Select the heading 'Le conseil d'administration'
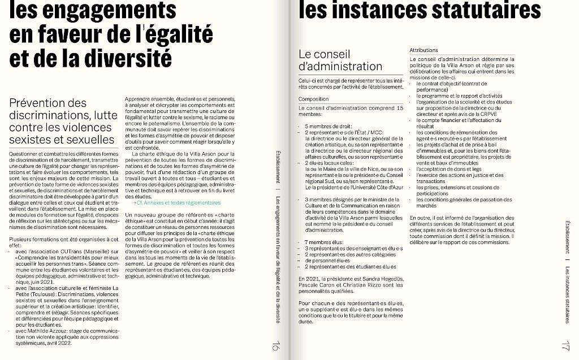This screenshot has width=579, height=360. coord(340,60)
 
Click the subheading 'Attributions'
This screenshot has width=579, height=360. coord(424,51)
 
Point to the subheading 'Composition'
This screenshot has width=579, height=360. coord(313,99)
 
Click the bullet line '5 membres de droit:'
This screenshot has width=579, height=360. coord(329,126)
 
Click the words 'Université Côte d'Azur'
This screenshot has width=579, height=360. coord(370,186)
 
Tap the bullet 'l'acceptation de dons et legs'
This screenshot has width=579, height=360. coord(449,169)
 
